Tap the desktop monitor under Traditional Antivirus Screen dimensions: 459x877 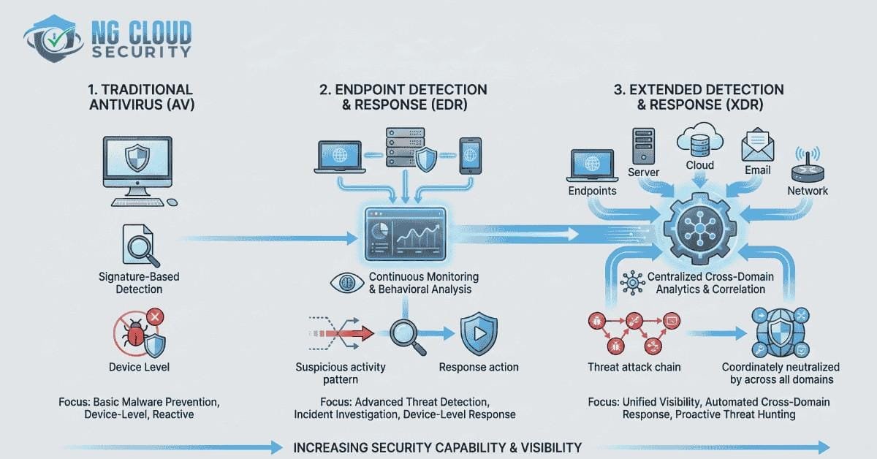(137, 167)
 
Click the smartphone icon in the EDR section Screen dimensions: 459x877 (469, 156)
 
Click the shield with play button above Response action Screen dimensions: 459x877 (478, 335)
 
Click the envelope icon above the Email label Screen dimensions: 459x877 (757, 146)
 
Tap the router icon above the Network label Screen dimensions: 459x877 (808, 167)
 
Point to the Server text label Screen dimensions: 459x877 (644, 172)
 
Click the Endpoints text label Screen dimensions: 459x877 (592, 191)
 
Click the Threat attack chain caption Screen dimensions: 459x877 (633, 367)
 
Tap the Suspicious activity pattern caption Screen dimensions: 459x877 (341, 373)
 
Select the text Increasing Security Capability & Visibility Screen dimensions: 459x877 (437, 447)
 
